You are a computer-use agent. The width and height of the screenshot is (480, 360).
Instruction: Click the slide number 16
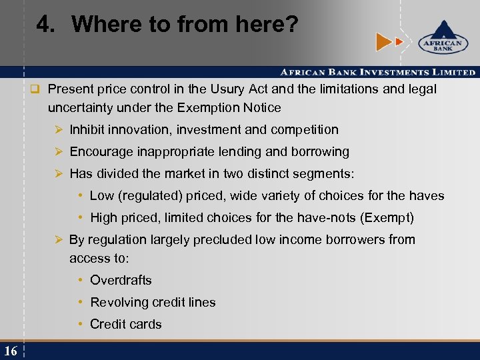pos(10,351)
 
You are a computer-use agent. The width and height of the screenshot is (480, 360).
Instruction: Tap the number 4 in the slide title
pos(45,25)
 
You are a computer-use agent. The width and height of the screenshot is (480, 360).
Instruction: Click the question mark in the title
pos(291,25)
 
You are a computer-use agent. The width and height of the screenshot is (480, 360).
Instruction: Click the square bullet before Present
pos(36,89)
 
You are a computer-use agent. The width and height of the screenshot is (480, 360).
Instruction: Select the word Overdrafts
pos(121,280)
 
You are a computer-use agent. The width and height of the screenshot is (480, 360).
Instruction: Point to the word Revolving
pos(118,302)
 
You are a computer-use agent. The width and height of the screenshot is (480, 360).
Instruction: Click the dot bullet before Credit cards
pos(80,324)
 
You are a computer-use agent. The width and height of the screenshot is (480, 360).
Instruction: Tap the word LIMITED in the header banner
pos(451,72)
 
